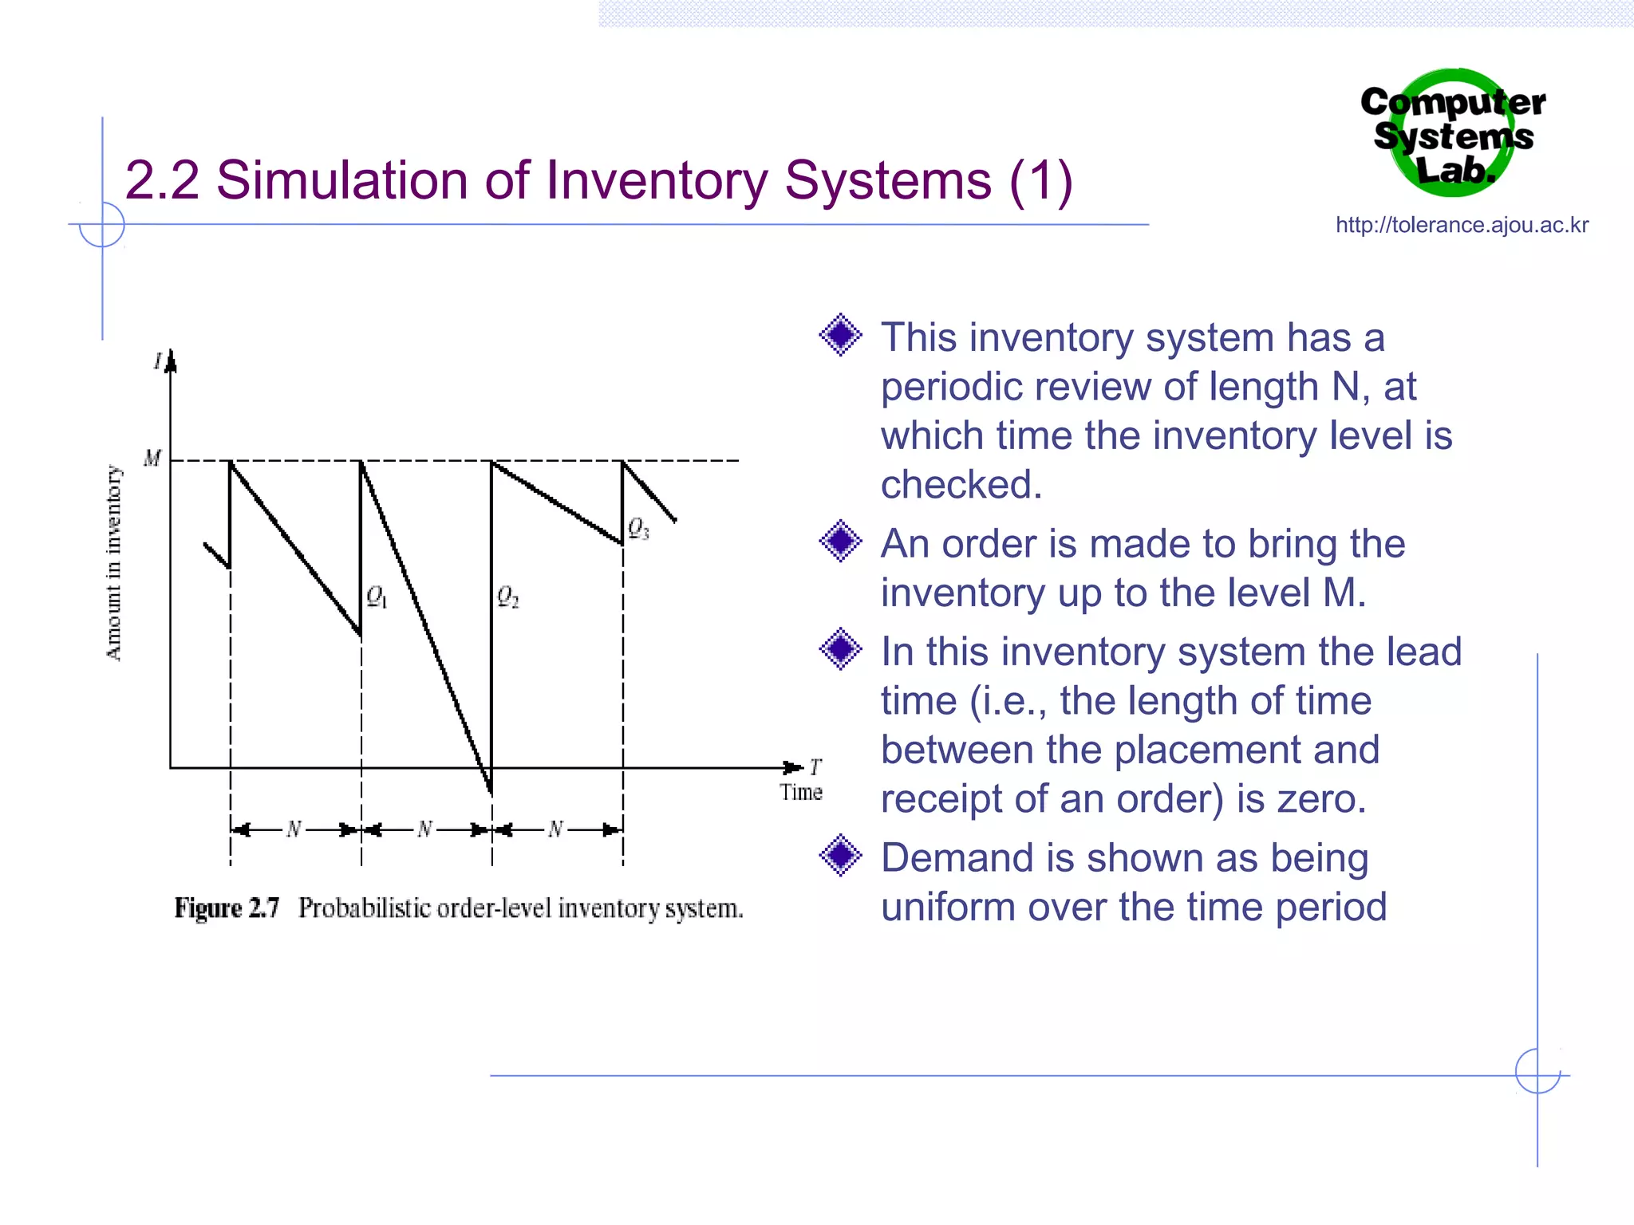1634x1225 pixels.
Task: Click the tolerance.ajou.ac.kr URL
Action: (x=1462, y=225)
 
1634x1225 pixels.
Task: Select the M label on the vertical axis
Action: (x=152, y=459)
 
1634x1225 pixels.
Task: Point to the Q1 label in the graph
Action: (x=377, y=597)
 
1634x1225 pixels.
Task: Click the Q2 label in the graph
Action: (x=507, y=597)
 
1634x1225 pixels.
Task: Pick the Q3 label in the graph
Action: (x=638, y=528)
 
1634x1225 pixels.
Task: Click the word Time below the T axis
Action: (x=801, y=793)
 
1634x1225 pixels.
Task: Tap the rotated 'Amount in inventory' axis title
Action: (x=114, y=563)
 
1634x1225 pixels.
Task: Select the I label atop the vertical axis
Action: (x=158, y=361)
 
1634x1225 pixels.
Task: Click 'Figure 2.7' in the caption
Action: (x=227, y=908)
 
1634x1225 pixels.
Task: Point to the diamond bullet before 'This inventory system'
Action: (x=841, y=335)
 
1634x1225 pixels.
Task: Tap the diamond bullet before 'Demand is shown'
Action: (x=841, y=856)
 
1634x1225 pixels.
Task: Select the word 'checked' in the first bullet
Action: (x=961, y=485)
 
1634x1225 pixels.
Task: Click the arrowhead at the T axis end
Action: (x=793, y=767)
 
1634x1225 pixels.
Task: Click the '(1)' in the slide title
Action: (x=1040, y=181)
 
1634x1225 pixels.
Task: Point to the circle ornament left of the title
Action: (x=102, y=224)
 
